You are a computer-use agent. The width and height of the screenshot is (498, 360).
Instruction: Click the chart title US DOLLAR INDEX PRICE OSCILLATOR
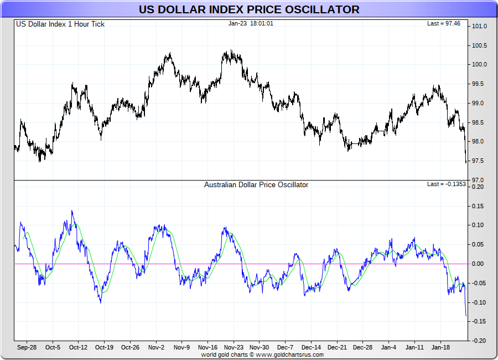[249, 9]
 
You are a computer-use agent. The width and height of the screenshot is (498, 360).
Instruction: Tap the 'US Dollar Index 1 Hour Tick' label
[60, 24]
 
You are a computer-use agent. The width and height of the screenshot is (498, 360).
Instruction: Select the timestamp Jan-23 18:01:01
[250, 23]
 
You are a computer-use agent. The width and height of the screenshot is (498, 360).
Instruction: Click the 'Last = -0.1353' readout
[447, 184]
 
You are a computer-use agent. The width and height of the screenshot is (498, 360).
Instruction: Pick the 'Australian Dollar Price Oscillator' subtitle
[256, 184]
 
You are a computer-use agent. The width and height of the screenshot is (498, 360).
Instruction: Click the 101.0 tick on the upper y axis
[479, 26]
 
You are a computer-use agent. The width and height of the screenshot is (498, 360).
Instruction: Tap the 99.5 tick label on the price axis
[479, 84]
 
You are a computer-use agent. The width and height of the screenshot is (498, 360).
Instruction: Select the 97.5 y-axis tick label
[479, 161]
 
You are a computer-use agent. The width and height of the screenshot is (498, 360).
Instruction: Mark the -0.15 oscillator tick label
[478, 321]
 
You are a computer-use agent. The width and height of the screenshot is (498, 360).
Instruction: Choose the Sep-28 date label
[27, 348]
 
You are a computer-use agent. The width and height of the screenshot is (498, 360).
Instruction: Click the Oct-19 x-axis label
[104, 348]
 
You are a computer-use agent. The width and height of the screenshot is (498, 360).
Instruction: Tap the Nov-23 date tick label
[234, 348]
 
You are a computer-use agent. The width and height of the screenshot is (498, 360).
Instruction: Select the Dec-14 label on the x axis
[311, 348]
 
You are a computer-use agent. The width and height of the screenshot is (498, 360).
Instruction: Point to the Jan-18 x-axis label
[440, 348]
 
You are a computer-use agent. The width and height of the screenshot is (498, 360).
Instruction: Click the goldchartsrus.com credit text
[262, 354]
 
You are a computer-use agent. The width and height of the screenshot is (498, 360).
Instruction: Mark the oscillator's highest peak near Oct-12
[72, 211]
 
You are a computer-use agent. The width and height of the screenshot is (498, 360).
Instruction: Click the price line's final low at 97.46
[466, 162]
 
